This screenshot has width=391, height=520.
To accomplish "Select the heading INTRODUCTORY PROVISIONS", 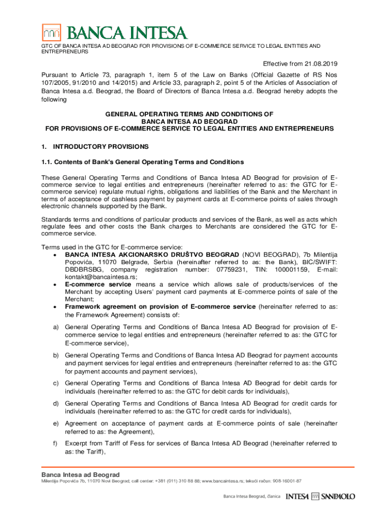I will click(101, 147).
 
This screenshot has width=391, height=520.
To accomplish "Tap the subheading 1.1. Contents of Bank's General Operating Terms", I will click(143, 162).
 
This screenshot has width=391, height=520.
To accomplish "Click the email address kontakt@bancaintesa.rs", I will click(101, 277).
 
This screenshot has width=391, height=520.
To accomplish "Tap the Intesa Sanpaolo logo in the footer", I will click(320, 496).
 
